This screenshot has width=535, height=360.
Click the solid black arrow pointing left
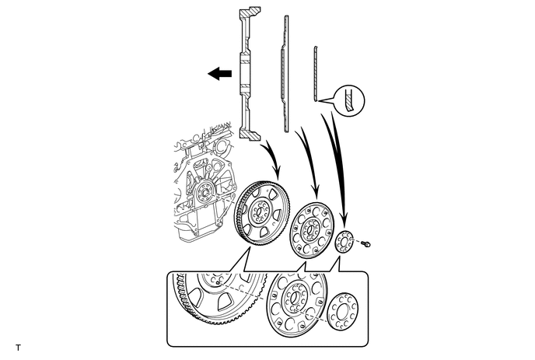pyautogui.click(x=220, y=74)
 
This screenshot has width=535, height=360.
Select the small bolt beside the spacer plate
pyautogui.click(x=367, y=245)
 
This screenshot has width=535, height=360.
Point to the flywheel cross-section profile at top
pyautogui.click(x=247, y=74)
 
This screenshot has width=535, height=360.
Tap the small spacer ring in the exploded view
pyautogui.click(x=344, y=242)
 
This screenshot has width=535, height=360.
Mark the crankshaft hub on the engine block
pyautogui.click(x=205, y=190)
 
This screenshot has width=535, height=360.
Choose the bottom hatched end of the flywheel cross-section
pyautogui.click(x=247, y=135)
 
